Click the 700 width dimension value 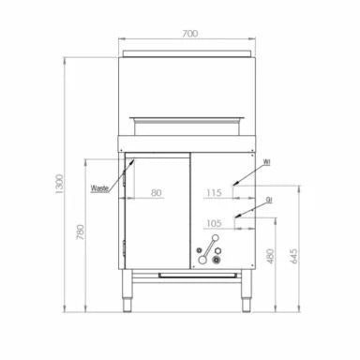(190, 34)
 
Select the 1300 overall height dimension (59, 184)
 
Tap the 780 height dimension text (81, 232)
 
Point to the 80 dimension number (157, 193)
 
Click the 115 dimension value (214, 193)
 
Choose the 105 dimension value (214, 223)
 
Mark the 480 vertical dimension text (271, 256)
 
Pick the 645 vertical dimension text (294, 256)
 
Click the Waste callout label (99, 188)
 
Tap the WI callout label (266, 162)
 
